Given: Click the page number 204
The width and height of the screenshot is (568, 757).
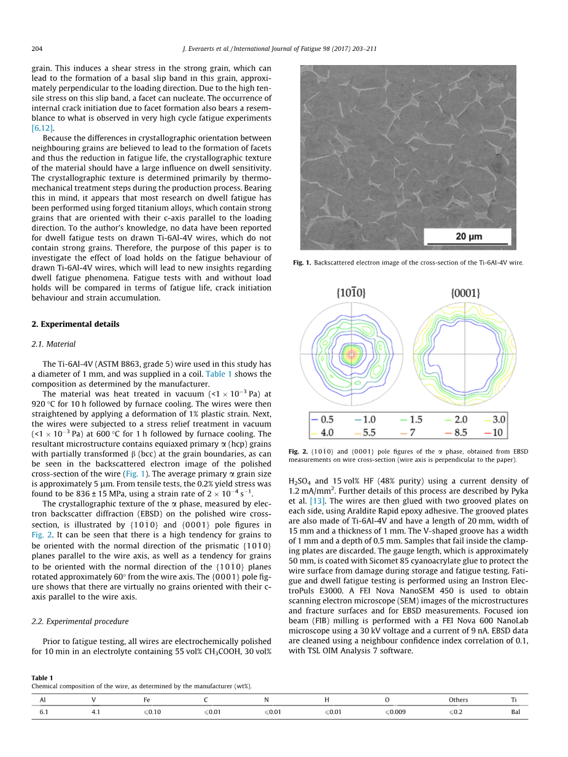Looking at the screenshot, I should tap(37, 48).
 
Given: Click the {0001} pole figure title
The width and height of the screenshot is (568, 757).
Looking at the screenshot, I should tap(465, 293).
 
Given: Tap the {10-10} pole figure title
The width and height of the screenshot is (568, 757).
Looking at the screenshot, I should tap(351, 293).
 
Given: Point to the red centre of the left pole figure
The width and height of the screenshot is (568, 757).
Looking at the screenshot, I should tap(351, 355).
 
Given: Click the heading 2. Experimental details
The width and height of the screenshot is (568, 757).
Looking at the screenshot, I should tap(76, 324).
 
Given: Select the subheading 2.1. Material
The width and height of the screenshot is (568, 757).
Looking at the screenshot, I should tap(53, 344).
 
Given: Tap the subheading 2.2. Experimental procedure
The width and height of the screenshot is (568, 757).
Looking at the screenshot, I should tap(80, 621).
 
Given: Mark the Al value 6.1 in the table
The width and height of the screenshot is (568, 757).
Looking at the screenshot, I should tap(43, 713).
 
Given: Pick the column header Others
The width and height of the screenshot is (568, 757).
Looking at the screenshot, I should tap(458, 700).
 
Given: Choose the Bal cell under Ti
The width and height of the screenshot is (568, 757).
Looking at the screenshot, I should tap(515, 713).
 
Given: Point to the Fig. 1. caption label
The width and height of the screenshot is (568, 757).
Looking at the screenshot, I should tap(302, 263).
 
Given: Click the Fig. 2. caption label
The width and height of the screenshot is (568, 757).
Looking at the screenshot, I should tap(297, 452).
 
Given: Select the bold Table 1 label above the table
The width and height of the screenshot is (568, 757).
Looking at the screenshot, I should tap(42, 678).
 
